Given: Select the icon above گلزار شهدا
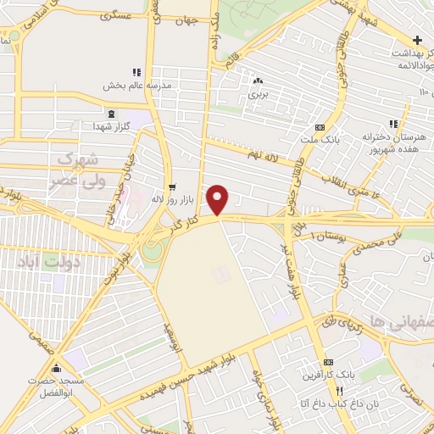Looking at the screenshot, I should [x=110, y=113].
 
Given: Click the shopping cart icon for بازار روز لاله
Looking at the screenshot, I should [x=173, y=186].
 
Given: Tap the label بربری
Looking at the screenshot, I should [x=257, y=95].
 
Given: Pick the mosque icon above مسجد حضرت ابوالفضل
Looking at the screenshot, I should [x=58, y=368].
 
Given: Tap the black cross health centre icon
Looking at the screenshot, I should [x=418, y=40].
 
